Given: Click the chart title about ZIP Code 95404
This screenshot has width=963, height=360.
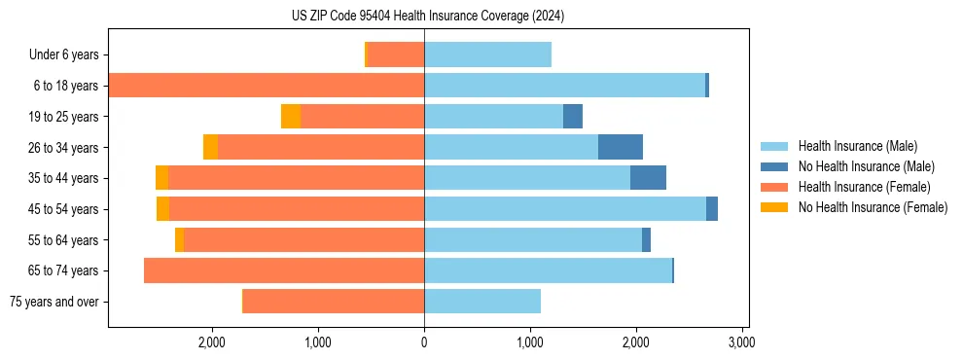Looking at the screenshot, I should coord(427,17).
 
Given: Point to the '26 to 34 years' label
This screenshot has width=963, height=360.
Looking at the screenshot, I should coord(64,147).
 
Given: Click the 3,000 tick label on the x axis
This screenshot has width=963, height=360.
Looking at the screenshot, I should coord(741,343).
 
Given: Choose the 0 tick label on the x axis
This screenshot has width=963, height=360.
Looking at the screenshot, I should coord(424,343).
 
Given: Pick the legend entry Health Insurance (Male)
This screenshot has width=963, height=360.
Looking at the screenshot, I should coord(857,146).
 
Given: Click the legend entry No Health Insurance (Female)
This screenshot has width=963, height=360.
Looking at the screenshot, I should coord(873,207).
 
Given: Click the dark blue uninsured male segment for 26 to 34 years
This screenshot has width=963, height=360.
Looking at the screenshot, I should coord(621,147).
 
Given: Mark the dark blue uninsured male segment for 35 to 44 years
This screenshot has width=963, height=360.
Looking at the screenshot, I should coord(648,178).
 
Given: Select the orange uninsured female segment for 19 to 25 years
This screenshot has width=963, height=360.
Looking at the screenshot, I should coord(291,117).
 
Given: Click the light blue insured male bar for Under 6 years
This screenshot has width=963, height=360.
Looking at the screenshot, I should coord(487,54).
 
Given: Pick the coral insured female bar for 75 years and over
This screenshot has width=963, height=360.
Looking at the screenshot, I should coord(334,302).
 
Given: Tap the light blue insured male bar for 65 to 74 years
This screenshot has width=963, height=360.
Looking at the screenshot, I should coord(548,270).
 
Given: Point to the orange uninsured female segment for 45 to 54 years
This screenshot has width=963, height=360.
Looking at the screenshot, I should coord(162,209).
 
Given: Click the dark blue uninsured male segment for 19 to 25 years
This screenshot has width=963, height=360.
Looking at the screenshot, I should coord(573,117).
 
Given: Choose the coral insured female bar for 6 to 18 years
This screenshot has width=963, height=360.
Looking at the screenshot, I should coord(267,86).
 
